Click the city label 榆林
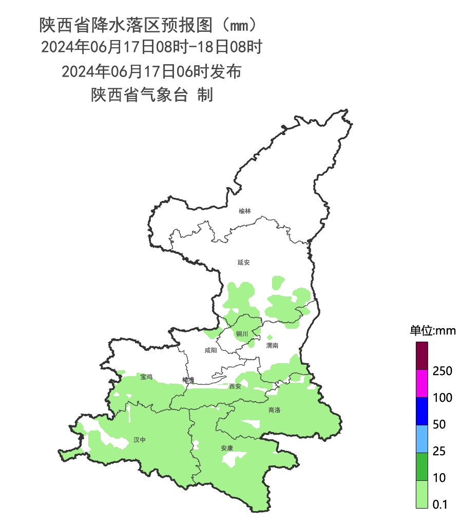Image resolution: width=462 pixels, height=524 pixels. (x=245, y=211)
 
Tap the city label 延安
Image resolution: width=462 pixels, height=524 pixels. (x=243, y=263)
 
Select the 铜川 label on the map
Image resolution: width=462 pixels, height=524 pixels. (x=242, y=334)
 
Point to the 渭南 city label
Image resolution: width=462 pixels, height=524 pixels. (x=272, y=346)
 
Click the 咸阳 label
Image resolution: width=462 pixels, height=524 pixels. (x=210, y=350)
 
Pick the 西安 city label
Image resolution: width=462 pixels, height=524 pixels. (x=235, y=386)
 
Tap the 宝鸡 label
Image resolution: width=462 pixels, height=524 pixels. (x=146, y=377)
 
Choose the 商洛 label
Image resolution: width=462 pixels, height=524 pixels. (x=274, y=410)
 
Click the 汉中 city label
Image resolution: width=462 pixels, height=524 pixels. (x=140, y=440)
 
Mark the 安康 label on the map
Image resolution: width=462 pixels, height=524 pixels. (x=227, y=448)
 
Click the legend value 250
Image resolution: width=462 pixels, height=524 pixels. (x=442, y=371)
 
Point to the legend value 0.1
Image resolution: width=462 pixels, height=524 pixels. (x=440, y=505)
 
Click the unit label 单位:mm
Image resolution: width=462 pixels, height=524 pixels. (x=432, y=330)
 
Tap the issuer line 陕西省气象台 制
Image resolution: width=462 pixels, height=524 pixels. (x=151, y=95)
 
